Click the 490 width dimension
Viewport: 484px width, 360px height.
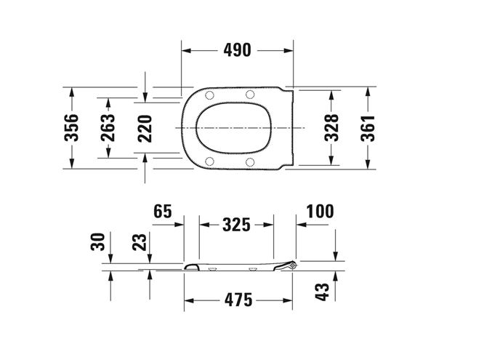(x=238, y=50)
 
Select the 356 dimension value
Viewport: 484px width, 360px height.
(x=71, y=127)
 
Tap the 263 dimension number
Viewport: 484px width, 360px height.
(x=108, y=127)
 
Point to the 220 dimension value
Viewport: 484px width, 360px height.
(x=145, y=129)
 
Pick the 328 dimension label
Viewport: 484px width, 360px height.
(x=331, y=127)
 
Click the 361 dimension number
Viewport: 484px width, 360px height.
(x=368, y=129)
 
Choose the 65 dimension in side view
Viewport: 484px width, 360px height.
(x=163, y=212)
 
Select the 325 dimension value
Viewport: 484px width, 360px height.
(x=236, y=225)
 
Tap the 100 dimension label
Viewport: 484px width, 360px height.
(x=320, y=212)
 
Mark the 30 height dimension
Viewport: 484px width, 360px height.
(x=98, y=241)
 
